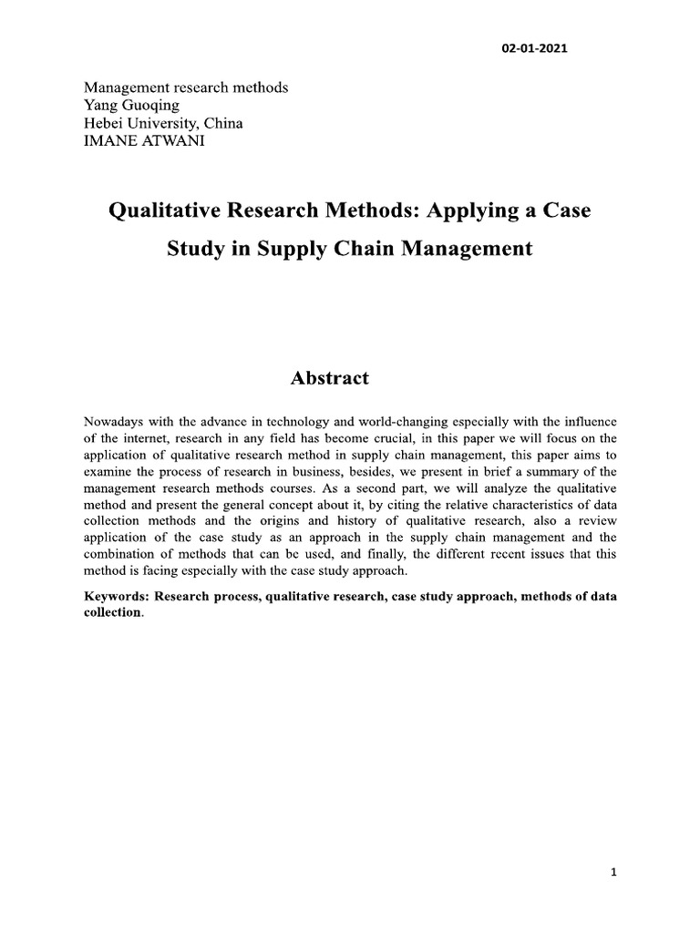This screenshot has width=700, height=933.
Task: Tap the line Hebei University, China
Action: click(163, 122)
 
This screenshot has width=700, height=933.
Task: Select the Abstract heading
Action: click(330, 378)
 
